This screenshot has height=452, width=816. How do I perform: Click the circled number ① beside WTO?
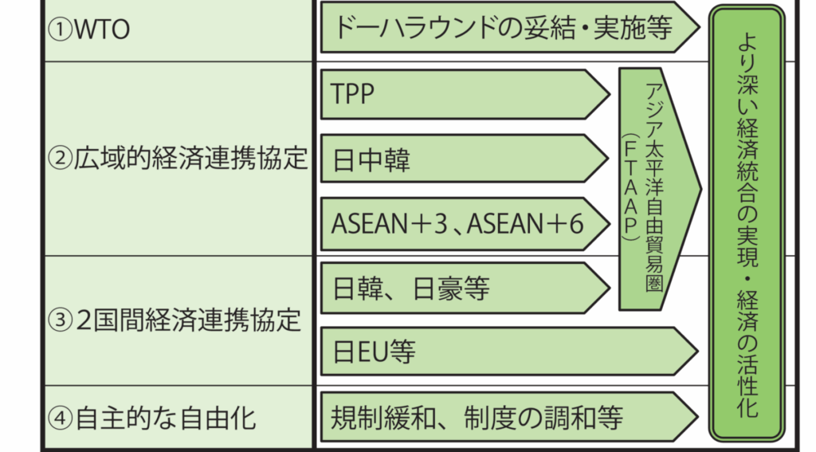tap(61, 29)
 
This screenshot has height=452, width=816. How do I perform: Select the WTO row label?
tap(102, 29)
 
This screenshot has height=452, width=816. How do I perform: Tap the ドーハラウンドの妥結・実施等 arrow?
tap(510, 27)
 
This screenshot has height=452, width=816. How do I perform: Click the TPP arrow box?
tap(465, 94)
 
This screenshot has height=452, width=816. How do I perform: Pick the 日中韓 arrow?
tap(465, 159)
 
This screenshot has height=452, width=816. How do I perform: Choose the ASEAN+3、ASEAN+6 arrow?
tap(465, 224)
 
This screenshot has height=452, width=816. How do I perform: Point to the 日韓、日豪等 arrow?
tap(465, 288)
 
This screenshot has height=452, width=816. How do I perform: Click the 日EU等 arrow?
tap(509, 352)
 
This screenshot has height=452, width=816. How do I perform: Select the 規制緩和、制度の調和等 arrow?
tap(509, 417)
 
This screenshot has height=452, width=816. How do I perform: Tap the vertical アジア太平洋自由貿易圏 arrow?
tap(660, 189)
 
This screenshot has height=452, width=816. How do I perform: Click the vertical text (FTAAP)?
tap(631, 188)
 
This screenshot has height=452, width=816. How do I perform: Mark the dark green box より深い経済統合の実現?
tap(747, 224)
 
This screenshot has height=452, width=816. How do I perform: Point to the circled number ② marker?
tap(61, 159)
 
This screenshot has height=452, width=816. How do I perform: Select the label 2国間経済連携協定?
tap(188, 320)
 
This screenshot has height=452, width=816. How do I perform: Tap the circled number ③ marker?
tap(61, 320)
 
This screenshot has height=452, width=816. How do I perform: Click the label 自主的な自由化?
tap(166, 419)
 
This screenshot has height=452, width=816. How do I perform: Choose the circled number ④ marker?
tap(61, 419)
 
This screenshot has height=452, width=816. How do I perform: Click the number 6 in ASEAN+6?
tap(576, 224)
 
